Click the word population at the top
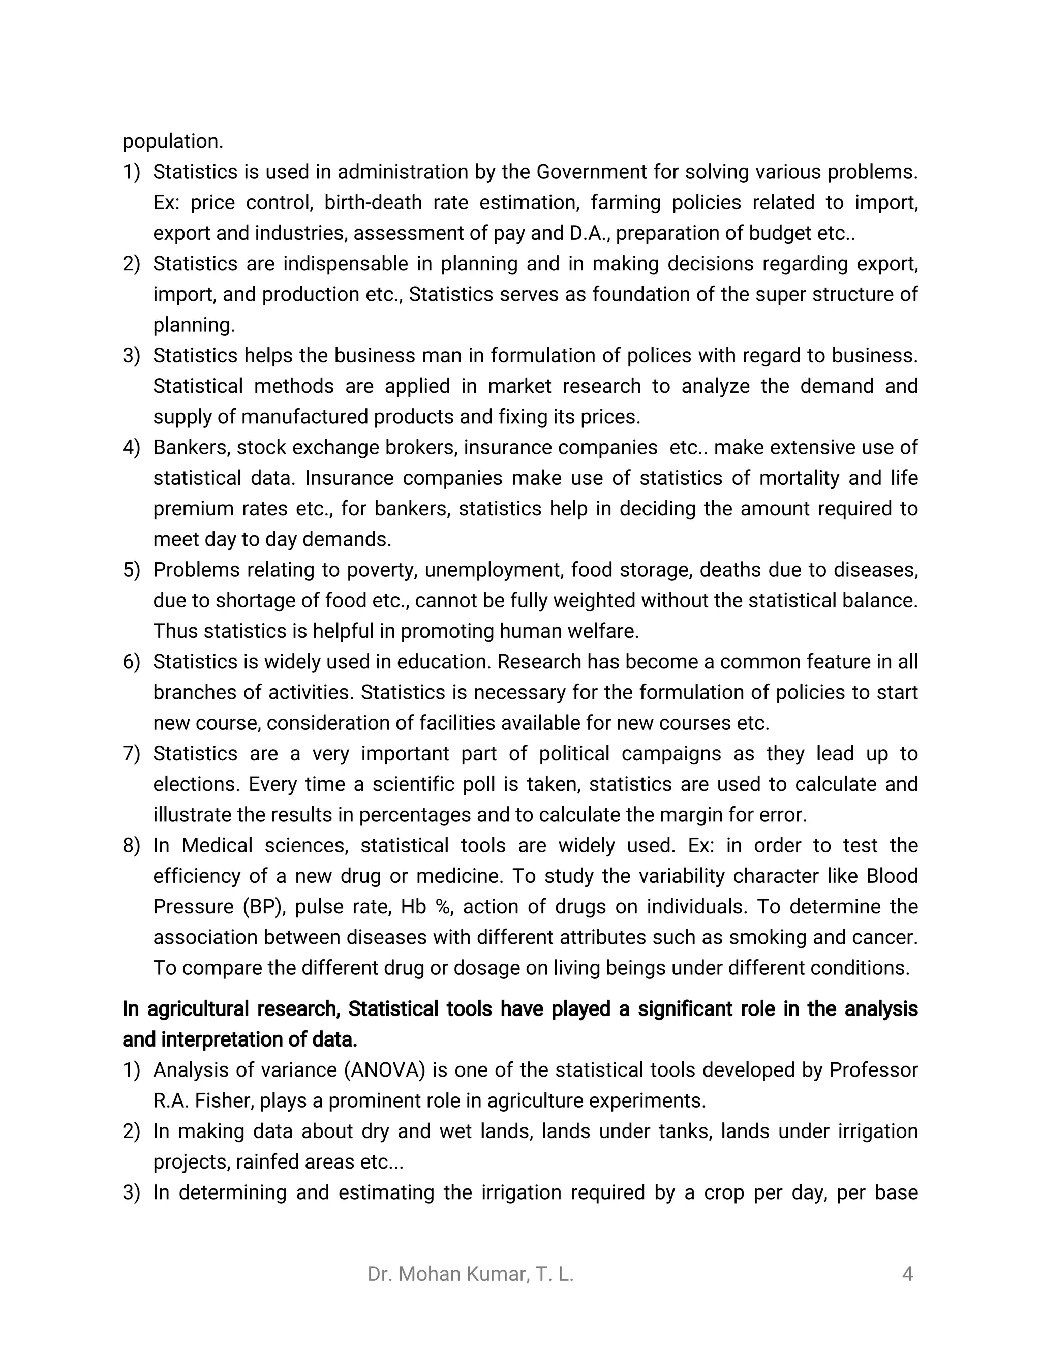[172, 142]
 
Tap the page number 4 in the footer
[907, 1274]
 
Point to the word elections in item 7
[196, 784]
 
